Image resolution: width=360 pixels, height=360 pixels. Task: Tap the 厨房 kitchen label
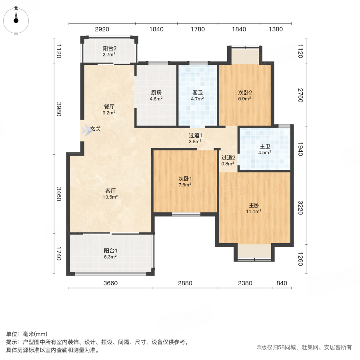pyautogui.click(x=156, y=92)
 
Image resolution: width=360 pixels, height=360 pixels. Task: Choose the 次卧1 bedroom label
pyautogui.click(x=185, y=179)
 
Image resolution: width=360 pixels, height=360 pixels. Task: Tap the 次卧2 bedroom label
pyautogui.click(x=245, y=92)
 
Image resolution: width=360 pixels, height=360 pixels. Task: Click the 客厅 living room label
pyautogui.click(x=110, y=191)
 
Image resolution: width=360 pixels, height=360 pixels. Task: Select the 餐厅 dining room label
pyautogui.click(x=109, y=107)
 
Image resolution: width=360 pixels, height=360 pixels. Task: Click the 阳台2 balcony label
pyautogui.click(x=109, y=48)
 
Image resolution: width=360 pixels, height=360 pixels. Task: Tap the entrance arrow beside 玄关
pyautogui.click(x=86, y=130)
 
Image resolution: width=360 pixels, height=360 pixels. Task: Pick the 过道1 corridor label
pyautogui.click(x=195, y=135)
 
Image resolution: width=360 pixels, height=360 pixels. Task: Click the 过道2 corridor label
pyautogui.click(x=228, y=158)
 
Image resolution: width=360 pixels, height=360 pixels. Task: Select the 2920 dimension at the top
pyautogui.click(x=102, y=29)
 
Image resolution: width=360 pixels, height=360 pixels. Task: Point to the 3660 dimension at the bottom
pyautogui.click(x=111, y=283)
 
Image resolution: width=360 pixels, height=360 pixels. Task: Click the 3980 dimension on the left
pyautogui.click(x=58, y=108)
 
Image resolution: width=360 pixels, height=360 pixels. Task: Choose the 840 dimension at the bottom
pyautogui.click(x=282, y=283)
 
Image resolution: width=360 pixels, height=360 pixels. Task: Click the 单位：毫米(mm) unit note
pyautogui.click(x=27, y=334)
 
